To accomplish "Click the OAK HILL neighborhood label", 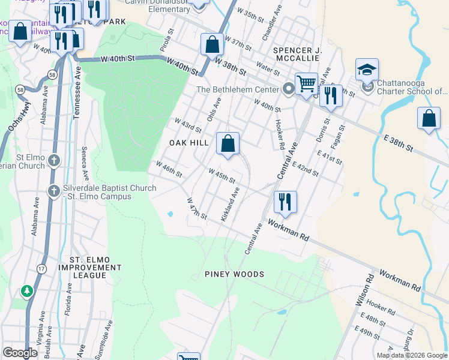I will click(188, 143).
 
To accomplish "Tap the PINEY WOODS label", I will click(234, 274).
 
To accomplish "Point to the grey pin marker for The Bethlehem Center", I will click(289, 89).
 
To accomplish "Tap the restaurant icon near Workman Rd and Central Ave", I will click(285, 202).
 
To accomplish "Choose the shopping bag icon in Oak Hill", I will click(228, 144).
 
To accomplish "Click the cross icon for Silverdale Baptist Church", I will click(54, 190).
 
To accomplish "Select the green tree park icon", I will click(27, 292).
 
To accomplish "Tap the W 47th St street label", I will click(197, 208).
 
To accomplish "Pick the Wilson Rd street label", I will click(364, 290).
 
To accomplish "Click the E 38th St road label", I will click(399, 143).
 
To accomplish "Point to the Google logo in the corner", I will click(20, 353).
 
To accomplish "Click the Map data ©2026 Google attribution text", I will click(411, 355).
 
